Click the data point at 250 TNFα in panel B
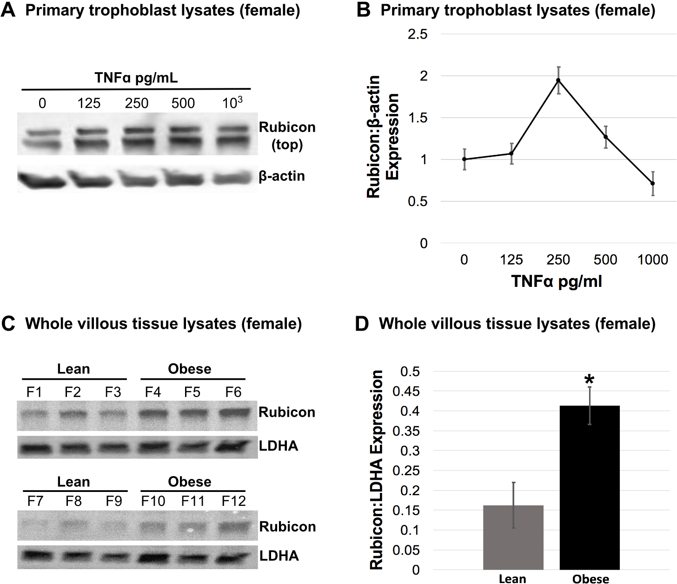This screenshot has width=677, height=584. point(558,80)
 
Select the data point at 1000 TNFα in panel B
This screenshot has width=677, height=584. point(652,183)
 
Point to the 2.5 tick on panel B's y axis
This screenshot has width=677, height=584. point(417,34)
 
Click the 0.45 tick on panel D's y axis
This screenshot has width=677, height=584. point(405,392)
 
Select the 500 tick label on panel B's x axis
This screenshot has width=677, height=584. point(605,259)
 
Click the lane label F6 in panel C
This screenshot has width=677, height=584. point(233,392)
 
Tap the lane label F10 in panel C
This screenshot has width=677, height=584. point(153,501)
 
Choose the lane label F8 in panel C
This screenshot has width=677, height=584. point(73,501)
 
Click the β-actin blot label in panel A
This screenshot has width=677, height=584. point(282,176)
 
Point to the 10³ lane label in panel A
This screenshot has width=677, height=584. point(232,103)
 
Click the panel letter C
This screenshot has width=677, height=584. point(8,324)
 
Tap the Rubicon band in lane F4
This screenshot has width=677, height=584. point(153,412)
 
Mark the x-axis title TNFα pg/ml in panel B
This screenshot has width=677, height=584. point(557,281)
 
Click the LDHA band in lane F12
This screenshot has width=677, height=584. point(233,556)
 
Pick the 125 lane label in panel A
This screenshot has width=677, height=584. point(89,103)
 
